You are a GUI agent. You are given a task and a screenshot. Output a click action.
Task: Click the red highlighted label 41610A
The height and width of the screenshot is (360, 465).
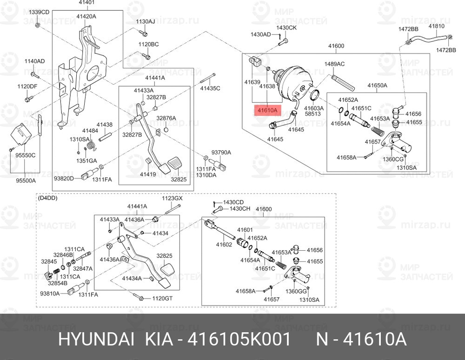pyautogui.click(x=267, y=111)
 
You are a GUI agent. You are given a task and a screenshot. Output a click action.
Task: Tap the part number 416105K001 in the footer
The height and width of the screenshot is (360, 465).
pyautogui.click(x=239, y=340)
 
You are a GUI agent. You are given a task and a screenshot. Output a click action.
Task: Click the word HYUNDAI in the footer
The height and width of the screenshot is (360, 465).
pyautogui.click(x=96, y=340)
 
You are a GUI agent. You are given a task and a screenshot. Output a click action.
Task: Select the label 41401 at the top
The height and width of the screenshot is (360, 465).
pyautogui.click(x=86, y=3)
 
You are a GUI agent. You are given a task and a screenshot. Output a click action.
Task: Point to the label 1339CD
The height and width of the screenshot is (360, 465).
pyautogui.click(x=39, y=12)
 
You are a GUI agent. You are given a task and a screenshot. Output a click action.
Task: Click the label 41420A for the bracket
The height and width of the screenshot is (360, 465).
pyautogui.click(x=86, y=17)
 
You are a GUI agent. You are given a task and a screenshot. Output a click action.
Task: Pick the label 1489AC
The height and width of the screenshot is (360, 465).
pyautogui.click(x=334, y=64)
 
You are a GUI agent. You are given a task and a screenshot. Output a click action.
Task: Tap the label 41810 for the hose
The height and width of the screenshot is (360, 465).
pyautogui.click(x=437, y=26)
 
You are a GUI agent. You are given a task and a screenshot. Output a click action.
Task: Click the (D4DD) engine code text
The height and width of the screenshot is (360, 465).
pyautogui.click(x=47, y=198)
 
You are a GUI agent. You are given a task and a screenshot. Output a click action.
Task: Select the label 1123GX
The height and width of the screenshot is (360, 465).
pyautogui.click(x=172, y=199)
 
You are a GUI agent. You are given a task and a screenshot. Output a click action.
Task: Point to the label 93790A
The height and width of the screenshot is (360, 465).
pyautogui.click(x=221, y=153)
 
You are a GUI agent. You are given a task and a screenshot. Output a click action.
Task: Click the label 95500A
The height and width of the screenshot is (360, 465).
pyautogui.click(x=26, y=180)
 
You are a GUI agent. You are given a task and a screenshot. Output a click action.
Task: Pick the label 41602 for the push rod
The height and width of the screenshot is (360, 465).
pyautogui.click(x=224, y=245)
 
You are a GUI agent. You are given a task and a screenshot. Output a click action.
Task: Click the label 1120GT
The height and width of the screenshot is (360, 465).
pyautogui.click(x=162, y=298)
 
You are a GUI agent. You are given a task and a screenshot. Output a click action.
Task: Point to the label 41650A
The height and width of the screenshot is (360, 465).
pyautogui.click(x=378, y=86)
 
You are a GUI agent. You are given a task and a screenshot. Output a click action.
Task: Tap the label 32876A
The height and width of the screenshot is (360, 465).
pyautogui.click(x=166, y=118)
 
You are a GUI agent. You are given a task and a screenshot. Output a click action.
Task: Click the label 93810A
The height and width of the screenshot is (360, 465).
pyautogui.click(x=50, y=293)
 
